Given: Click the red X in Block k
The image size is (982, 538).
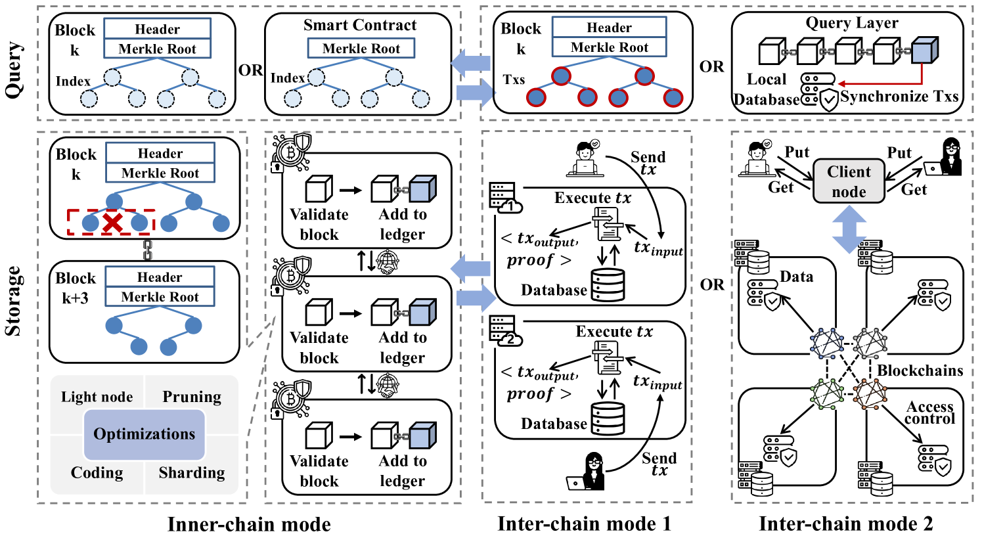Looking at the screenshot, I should click(113, 223).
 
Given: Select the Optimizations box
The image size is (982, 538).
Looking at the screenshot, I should click(145, 434).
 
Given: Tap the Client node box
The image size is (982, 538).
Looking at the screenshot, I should click(849, 182).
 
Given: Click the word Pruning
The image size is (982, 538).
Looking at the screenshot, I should click(192, 397).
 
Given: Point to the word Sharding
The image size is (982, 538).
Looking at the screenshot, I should click(192, 473).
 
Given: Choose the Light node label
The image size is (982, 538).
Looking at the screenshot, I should click(97, 397).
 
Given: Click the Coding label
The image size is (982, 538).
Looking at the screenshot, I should click(97, 473).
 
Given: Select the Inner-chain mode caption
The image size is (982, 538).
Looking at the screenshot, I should click(249, 524).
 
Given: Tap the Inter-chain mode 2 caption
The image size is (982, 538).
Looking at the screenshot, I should click(845, 524).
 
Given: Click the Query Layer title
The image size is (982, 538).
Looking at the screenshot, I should click(852, 23).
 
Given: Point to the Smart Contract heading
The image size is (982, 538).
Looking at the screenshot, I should click(360, 26).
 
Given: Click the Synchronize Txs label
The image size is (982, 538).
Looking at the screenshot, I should click(899, 97).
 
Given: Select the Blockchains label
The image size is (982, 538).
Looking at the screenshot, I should click(920, 370).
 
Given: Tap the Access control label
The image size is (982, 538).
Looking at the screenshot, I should click(929, 413).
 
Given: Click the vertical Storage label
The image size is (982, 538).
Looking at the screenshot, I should click(13, 300).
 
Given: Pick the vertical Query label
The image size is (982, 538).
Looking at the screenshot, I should click(13, 70).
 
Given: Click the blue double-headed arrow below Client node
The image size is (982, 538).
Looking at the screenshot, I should click(850, 228).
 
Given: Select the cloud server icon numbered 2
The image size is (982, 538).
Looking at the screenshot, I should click(506, 331).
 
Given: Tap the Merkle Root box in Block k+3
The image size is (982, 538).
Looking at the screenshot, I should click(160, 297).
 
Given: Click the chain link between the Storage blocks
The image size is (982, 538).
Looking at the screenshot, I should click(148, 250).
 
